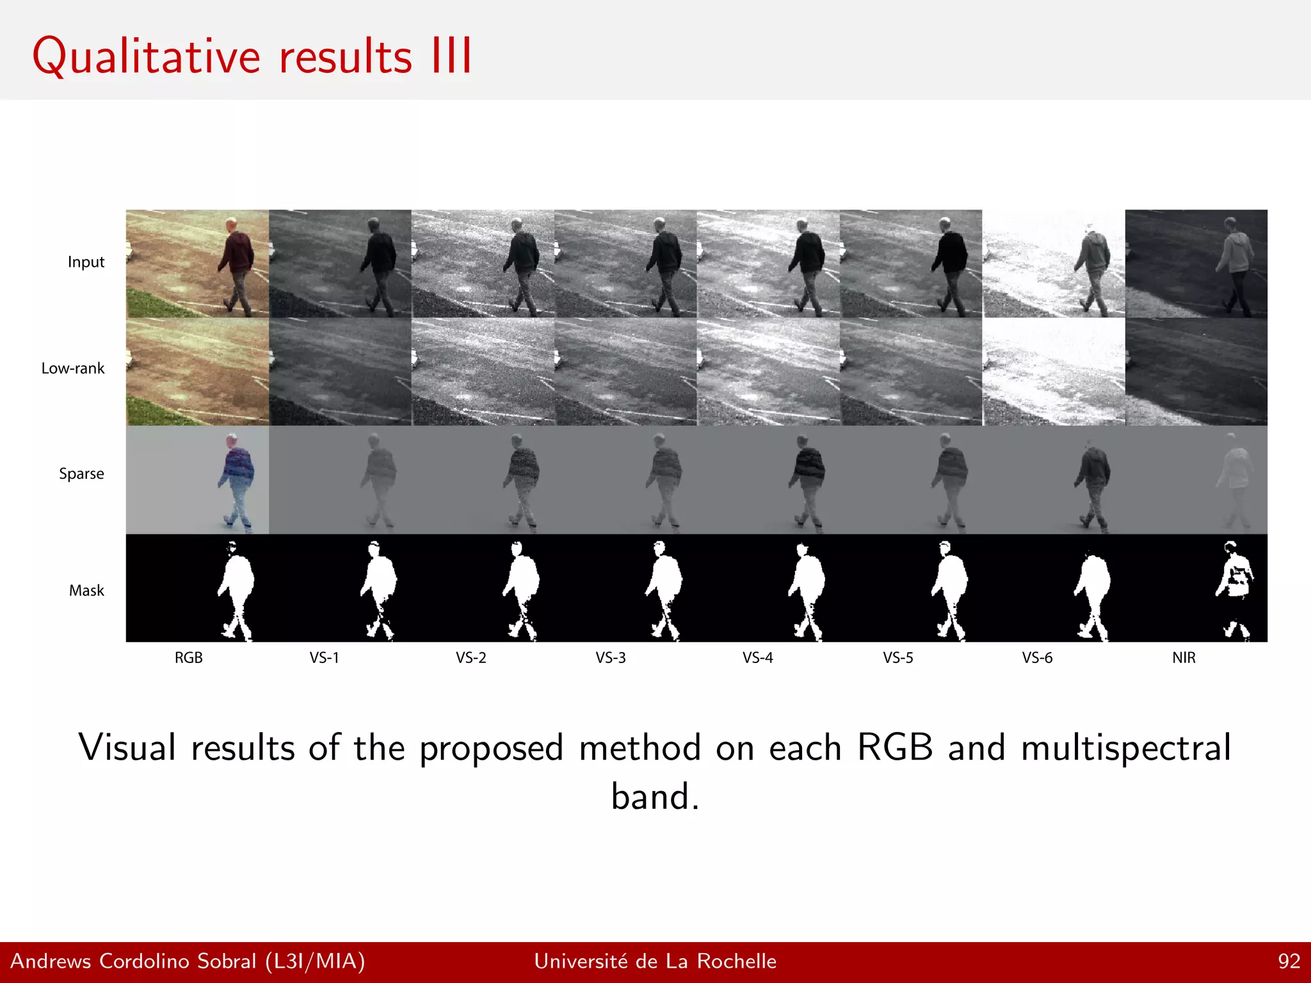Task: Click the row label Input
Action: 86,262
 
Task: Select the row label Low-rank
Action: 72,369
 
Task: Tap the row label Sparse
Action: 81,474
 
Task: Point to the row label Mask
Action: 86,591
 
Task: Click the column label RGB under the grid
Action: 188,658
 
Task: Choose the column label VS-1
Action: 324,658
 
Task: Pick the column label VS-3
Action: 610,658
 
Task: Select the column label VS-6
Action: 1037,658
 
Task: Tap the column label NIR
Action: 1184,658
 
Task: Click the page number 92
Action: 1289,961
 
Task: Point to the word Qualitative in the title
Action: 146,58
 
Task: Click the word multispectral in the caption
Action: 1125,747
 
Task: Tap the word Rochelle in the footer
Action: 736,961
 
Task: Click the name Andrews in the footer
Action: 51,961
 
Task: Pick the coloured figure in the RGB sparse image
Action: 237,477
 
